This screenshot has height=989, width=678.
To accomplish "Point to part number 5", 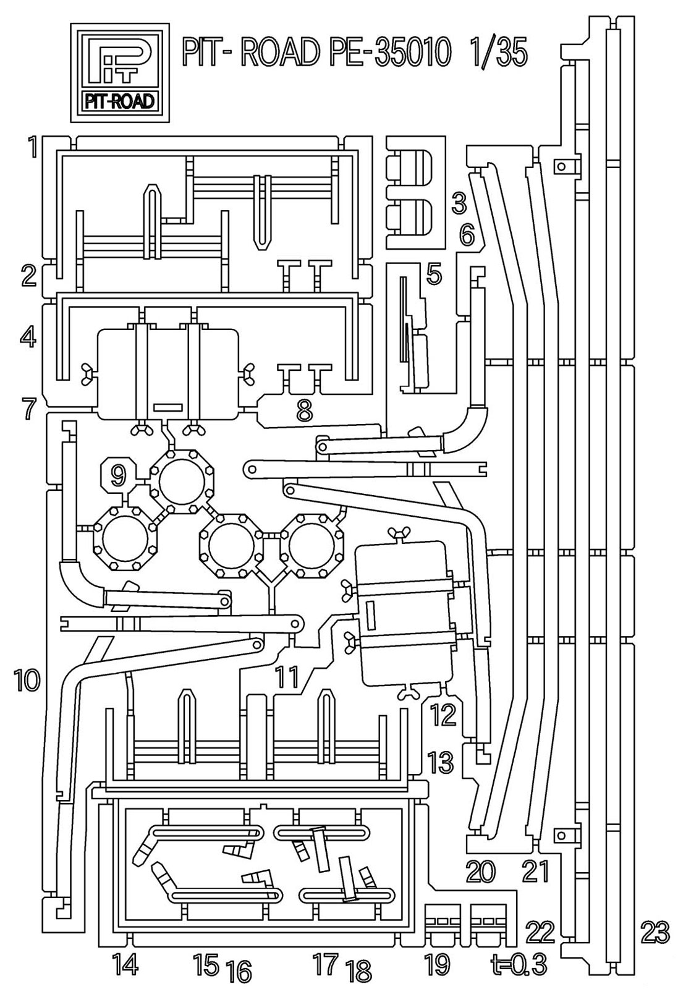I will [434, 274].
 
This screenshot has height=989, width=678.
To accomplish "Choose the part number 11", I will [287, 677].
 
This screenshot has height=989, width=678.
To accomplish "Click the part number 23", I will [655, 932].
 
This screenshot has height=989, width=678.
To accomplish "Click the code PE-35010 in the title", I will [383, 52].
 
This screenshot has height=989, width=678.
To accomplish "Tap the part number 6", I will [466, 234].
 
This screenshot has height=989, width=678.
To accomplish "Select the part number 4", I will [28, 338].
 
